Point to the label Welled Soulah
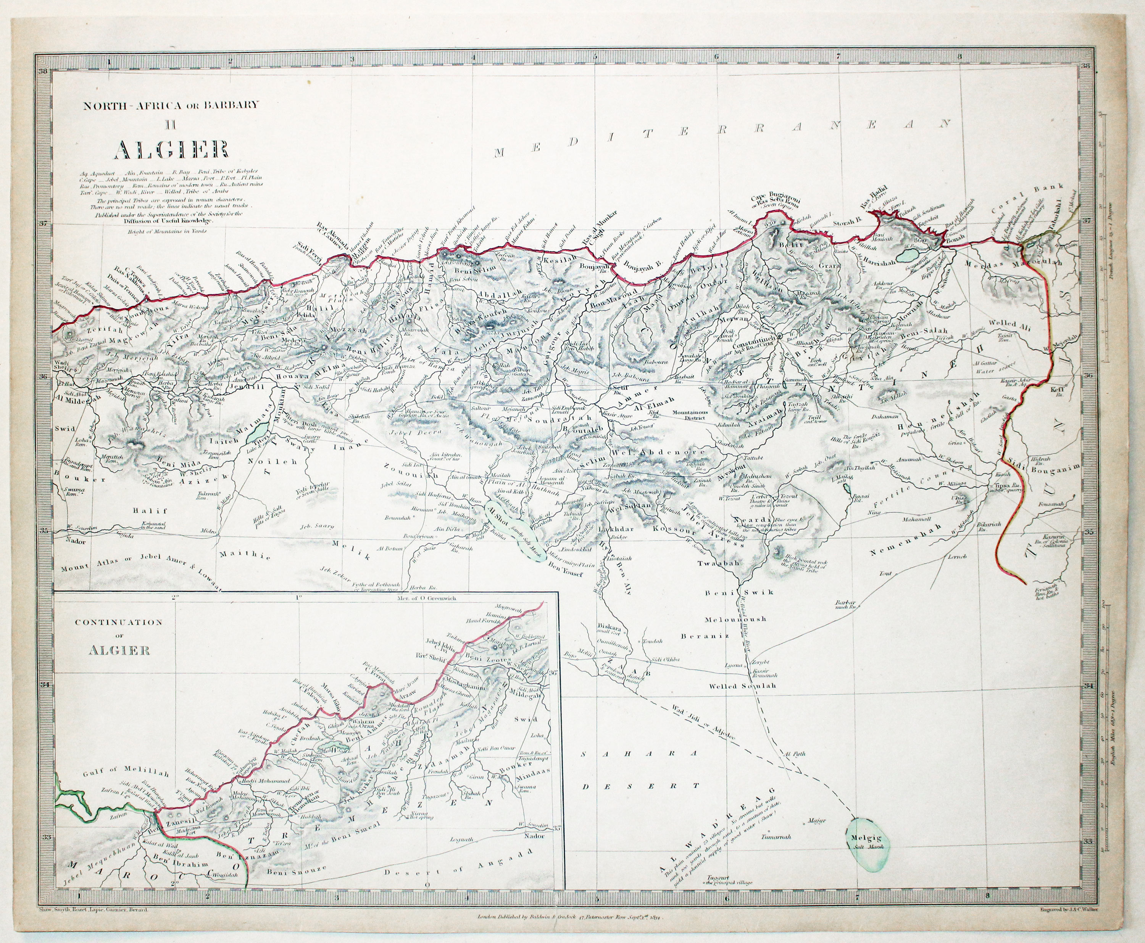[743, 686]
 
